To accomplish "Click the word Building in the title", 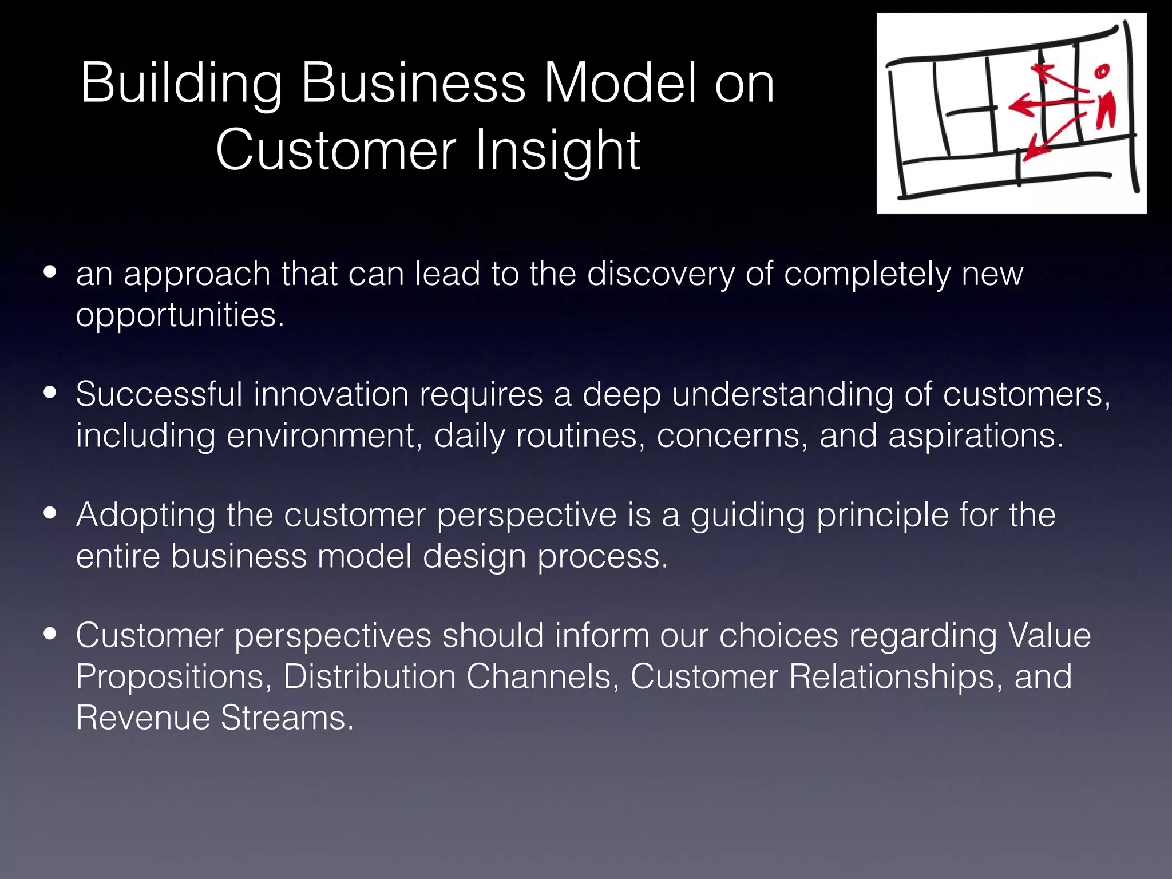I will (x=181, y=85).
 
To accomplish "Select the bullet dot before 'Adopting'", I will (x=50, y=514).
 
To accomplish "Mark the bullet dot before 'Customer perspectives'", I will (x=50, y=635).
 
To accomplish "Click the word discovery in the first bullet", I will (x=660, y=274).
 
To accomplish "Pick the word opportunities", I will (x=179, y=315).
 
